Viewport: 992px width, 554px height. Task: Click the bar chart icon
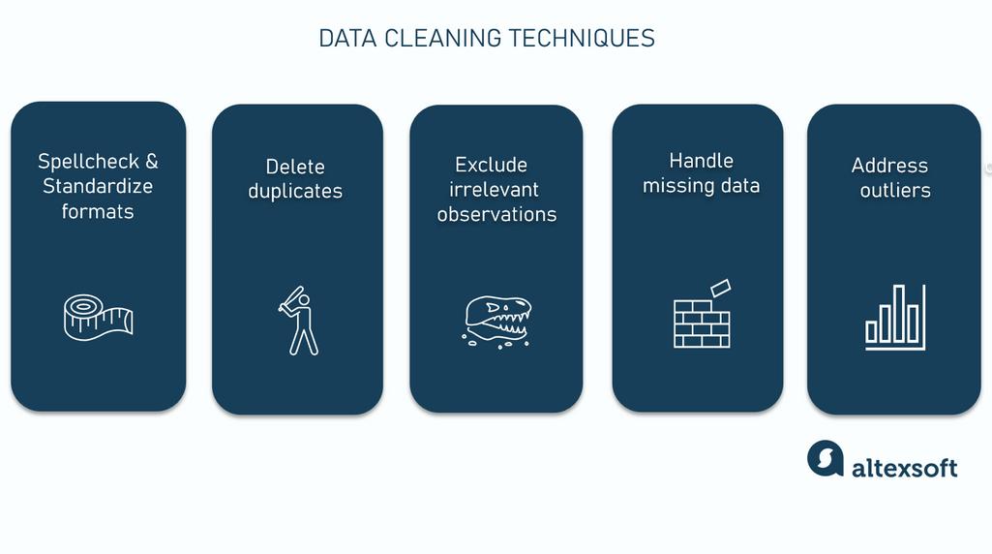coord(895,317)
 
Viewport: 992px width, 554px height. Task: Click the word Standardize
coord(98,186)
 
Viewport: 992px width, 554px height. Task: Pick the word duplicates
coord(295,191)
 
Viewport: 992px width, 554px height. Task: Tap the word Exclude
coord(491,165)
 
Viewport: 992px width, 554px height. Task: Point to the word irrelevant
coord(494,190)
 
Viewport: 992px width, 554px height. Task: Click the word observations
coord(496,214)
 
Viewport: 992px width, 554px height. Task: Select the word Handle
coord(701,161)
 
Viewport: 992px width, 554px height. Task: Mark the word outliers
coord(895,191)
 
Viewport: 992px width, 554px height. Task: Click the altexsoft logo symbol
coord(825,458)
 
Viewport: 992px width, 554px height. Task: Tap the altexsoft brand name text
coord(904,468)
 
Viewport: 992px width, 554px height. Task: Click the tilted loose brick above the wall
coord(720,289)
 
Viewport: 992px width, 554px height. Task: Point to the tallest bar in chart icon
coord(898,313)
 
